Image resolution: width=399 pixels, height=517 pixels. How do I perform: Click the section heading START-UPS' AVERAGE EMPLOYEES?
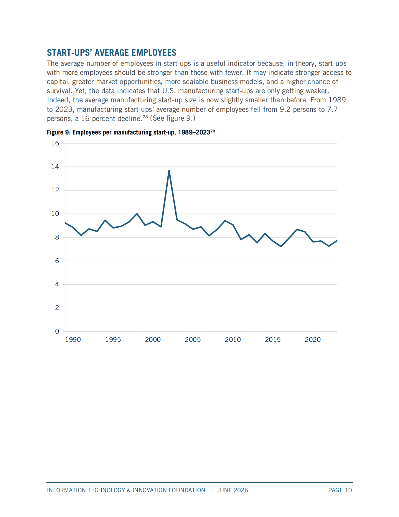click(x=112, y=52)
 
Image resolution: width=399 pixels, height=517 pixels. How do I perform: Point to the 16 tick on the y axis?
click(x=55, y=143)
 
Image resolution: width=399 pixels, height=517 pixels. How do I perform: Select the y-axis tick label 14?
click(x=55, y=167)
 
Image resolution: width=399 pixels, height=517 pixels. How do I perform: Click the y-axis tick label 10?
click(x=55, y=214)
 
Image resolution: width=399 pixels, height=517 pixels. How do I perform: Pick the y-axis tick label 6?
click(x=57, y=261)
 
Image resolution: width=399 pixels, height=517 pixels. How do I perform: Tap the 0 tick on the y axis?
click(x=57, y=331)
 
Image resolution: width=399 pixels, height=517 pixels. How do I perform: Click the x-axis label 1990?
click(x=73, y=339)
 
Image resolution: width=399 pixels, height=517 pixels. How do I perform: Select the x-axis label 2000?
click(x=153, y=339)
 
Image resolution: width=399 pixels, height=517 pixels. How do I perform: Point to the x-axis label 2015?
click(x=273, y=339)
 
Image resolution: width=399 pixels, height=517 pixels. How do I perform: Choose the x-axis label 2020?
click(x=313, y=339)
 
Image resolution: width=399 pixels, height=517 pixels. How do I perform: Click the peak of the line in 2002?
click(x=169, y=171)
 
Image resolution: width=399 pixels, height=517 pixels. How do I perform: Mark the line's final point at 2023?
click(x=337, y=241)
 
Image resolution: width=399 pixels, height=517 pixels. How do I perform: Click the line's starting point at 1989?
click(x=65, y=223)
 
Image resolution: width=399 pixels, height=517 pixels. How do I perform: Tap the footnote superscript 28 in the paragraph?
click(x=145, y=117)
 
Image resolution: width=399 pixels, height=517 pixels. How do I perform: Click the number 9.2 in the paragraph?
click(x=285, y=109)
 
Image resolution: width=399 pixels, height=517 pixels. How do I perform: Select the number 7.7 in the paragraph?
click(x=332, y=109)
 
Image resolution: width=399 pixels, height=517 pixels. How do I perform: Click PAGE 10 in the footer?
click(x=340, y=490)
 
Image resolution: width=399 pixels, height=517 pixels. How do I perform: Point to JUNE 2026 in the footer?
click(x=233, y=490)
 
